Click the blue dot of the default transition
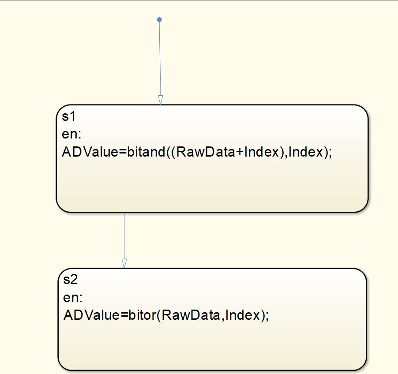coord(159,19)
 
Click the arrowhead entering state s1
coord(160,100)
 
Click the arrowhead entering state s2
coord(124,263)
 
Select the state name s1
coord(68,116)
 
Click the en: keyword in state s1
coord(70,134)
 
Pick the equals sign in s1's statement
coord(122,153)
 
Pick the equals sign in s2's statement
coord(124,316)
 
